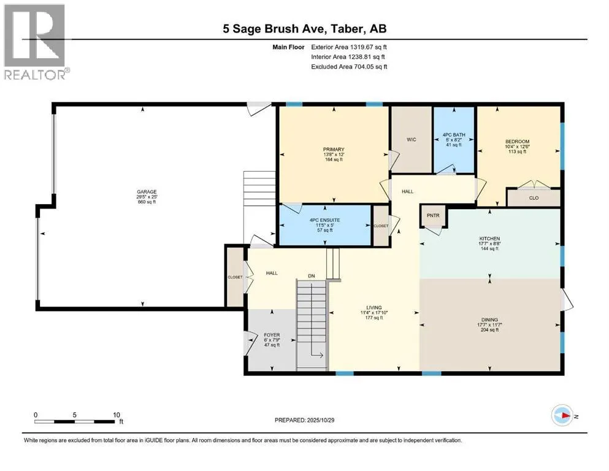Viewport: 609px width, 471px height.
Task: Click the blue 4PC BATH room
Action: [454, 139]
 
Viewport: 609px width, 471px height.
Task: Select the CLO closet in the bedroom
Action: [533, 198]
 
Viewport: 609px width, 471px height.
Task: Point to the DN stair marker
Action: [312, 275]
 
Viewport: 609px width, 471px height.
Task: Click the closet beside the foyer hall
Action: [235, 277]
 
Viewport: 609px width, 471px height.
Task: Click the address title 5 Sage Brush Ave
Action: [304, 28]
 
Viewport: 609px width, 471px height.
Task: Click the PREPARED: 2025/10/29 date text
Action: [305, 420]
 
